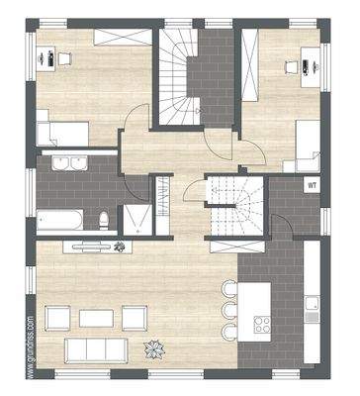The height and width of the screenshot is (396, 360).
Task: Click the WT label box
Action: pyautogui.click(x=312, y=185)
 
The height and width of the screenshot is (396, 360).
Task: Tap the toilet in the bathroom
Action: pyautogui.click(x=105, y=219)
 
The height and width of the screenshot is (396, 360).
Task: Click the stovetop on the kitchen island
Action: pyautogui.click(x=264, y=324)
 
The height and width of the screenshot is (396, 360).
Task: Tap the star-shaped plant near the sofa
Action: pyautogui.click(x=154, y=348)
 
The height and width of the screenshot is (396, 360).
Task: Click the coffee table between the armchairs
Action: pyautogui.click(x=97, y=318)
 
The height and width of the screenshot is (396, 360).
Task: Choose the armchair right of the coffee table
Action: pyautogui.click(x=135, y=318)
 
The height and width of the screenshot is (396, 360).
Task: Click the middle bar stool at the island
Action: pyautogui.click(x=230, y=309)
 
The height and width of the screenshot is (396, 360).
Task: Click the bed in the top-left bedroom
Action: pyautogui.click(x=58, y=132)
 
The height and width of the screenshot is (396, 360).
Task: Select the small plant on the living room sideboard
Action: pyautogui.click(x=120, y=245)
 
